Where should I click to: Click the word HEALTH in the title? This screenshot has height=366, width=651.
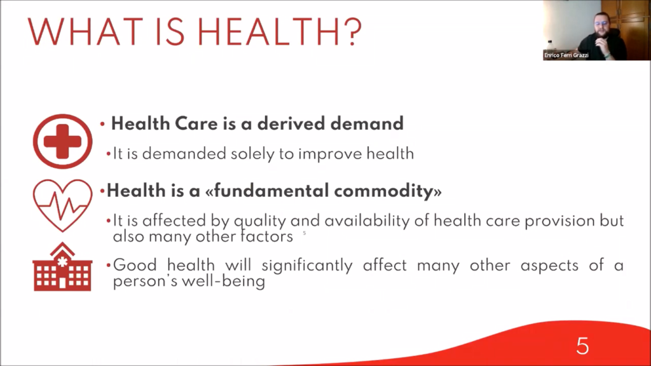coord(270,32)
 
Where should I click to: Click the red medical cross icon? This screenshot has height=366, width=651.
coord(63,141)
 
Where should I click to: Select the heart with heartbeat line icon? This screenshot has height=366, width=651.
coord(63,205)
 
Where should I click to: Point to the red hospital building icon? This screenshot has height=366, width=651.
coord(63,267)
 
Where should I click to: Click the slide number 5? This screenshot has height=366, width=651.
coord(582,346)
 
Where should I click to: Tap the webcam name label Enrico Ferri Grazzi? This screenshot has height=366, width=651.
coord(566,55)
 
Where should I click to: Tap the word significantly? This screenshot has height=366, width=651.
coord(307,265)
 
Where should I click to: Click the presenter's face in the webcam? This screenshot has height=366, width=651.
coord(601,25)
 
